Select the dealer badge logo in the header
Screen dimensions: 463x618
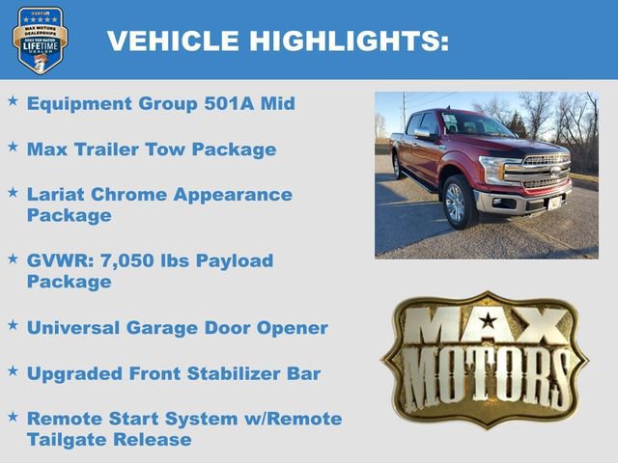click(x=40, y=40)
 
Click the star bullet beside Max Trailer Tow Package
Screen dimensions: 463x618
click(x=13, y=147)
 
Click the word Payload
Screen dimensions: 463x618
click(x=234, y=261)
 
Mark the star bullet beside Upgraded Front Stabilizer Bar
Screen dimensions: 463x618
click(x=13, y=369)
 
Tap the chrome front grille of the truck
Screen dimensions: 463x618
click(x=547, y=171)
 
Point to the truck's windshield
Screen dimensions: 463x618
click(x=471, y=124)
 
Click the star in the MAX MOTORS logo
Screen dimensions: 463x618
click(x=488, y=321)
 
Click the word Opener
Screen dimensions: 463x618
click(x=293, y=328)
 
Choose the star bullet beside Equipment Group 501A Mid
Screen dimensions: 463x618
click(x=13, y=101)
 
